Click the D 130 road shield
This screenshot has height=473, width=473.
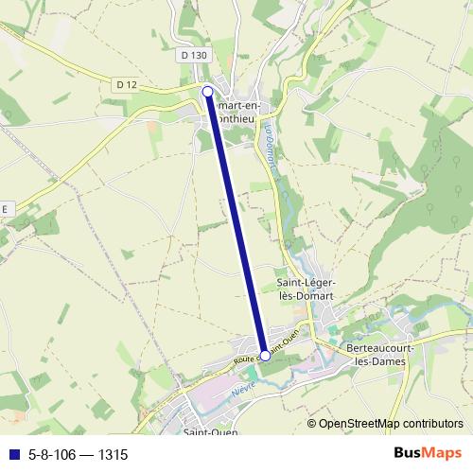tap(192, 56)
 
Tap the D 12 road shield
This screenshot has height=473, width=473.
tap(127, 85)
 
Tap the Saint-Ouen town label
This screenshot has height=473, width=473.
tap(210, 432)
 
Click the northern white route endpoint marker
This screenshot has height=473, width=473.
tap(208, 91)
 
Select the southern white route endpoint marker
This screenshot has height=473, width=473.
tap(265, 356)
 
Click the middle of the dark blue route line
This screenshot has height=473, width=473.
tap(236, 223)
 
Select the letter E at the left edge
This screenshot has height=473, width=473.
tap(5, 208)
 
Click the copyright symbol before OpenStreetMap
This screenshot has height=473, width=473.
tap(311, 424)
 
